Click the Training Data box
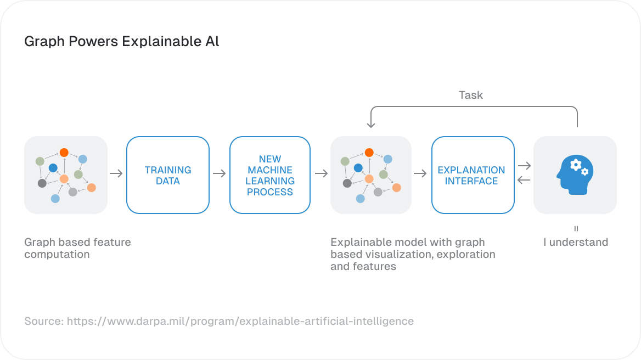coord(168,175)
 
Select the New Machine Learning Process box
coord(269,175)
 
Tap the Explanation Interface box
coord(472,175)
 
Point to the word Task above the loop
coord(470,95)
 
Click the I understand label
coord(575,243)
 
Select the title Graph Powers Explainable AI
coord(122,42)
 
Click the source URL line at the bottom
coord(219,321)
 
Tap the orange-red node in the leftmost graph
coord(64,153)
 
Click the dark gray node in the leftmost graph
coord(42,183)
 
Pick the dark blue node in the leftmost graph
coord(53,168)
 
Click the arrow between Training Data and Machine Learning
coord(219,174)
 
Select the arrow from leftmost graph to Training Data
coord(116,174)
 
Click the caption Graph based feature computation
coord(77,248)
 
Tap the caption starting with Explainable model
coord(412,254)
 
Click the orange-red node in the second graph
coord(369,153)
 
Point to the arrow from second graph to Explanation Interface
coord(420,174)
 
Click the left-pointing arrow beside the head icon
coord(524,181)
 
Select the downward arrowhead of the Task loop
coord(371,125)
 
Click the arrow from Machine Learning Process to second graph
coord(321,174)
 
